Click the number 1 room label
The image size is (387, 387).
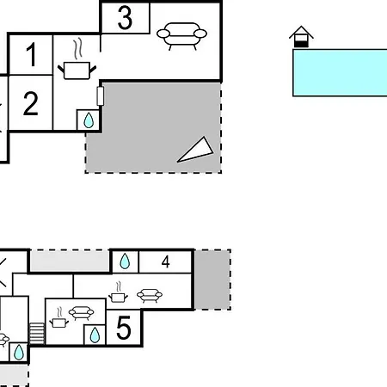point(31,54)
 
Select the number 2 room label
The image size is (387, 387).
point(31,103)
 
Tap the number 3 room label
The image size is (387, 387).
point(125,18)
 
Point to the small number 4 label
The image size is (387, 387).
point(165,261)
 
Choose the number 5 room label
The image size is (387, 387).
point(124,328)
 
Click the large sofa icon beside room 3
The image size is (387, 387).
point(181,36)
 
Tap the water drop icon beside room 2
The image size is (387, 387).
point(89,120)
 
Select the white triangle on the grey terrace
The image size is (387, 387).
point(195,150)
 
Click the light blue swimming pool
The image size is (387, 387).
point(340,72)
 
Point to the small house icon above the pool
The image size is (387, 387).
point(301,36)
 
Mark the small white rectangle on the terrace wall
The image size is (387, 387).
point(101,95)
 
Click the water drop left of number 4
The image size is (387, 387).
point(125,261)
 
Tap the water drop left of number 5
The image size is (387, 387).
point(95,335)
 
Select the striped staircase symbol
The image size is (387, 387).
point(37,334)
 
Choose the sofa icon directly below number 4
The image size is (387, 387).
point(150,296)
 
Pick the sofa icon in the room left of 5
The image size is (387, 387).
point(82,313)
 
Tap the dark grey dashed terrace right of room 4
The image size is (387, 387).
point(212,279)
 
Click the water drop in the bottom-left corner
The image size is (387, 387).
point(19,352)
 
